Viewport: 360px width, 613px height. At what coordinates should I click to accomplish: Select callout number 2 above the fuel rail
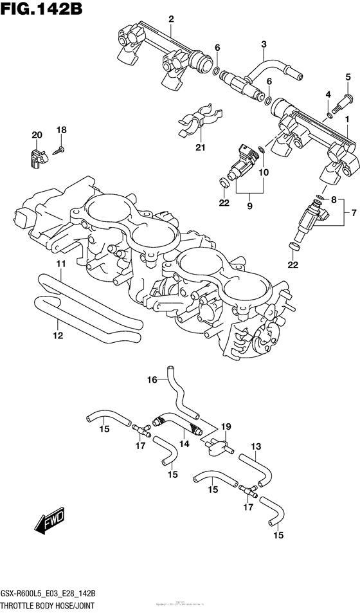pos(172,19)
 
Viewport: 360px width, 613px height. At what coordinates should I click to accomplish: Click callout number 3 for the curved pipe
pos(264,44)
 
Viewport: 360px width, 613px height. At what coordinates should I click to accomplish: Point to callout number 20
pos(37,134)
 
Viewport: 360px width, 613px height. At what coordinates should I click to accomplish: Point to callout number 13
pos(255,446)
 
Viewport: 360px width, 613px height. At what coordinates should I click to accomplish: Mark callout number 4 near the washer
pos(328,95)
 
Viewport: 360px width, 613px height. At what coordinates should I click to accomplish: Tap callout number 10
pos(264,172)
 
